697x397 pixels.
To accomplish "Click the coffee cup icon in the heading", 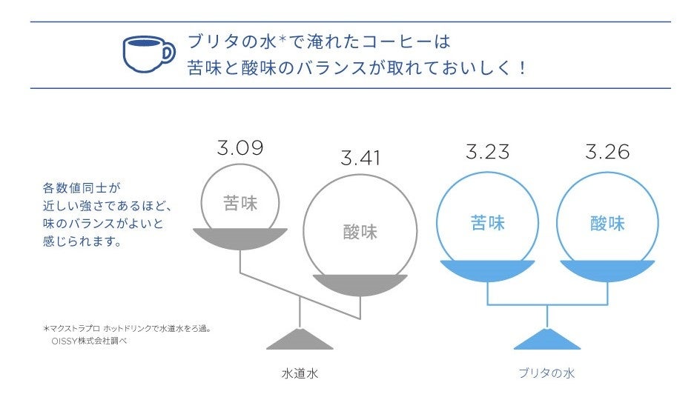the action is (148, 53).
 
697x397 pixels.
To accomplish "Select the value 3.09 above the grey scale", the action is (240, 148).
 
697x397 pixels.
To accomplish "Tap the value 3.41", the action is (360, 158).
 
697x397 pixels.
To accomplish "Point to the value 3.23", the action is (487, 152).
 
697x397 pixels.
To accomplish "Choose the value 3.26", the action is (607, 152).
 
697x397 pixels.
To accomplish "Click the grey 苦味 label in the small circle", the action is (240, 203).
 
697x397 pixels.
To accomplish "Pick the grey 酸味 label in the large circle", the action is (360, 232).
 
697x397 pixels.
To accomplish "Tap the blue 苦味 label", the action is (488, 223).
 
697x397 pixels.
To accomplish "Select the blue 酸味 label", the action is (607, 223).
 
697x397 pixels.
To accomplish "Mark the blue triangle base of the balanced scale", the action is (547, 340).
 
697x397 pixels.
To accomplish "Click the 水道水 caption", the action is (300, 373).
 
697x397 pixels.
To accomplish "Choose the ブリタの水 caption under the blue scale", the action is (546, 373).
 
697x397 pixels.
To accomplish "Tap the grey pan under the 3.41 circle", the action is (360, 284).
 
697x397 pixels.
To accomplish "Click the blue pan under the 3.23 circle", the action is (488, 270).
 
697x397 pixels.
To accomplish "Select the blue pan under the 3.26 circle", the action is (607, 270).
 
